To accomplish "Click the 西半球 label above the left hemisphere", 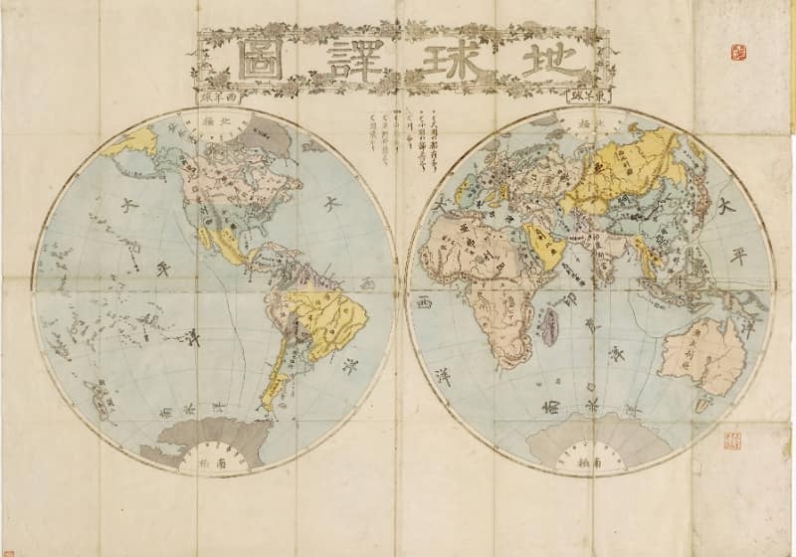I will tap(218, 99).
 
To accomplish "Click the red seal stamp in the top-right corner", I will tap(738, 52).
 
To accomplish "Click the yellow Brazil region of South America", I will tap(328, 318).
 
